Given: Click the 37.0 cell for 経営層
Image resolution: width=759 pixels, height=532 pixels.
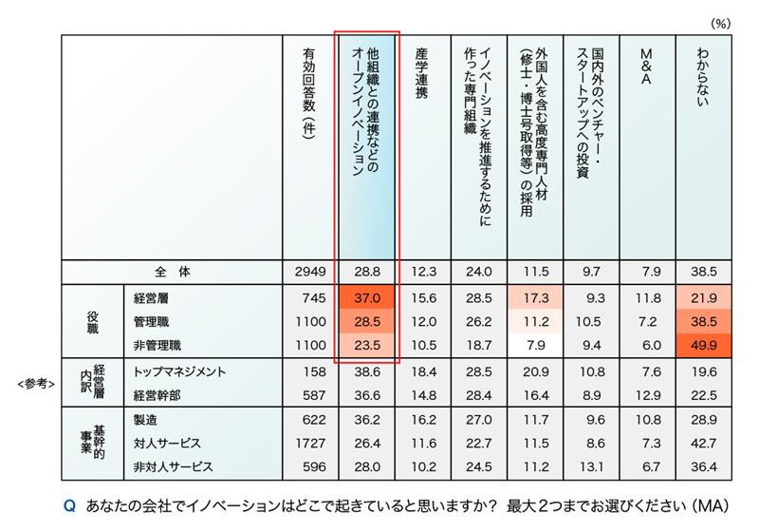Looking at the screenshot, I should (x=367, y=297).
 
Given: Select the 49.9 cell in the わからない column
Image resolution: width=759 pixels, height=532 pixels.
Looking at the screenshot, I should (x=704, y=343).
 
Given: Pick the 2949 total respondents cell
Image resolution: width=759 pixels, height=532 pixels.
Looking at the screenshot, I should (x=310, y=271).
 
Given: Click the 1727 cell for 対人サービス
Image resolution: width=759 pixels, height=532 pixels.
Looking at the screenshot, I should (x=310, y=442).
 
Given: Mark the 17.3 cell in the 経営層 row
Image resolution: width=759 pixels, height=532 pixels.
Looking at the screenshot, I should (x=535, y=297).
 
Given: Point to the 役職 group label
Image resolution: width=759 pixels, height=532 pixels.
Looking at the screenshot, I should (x=92, y=320).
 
